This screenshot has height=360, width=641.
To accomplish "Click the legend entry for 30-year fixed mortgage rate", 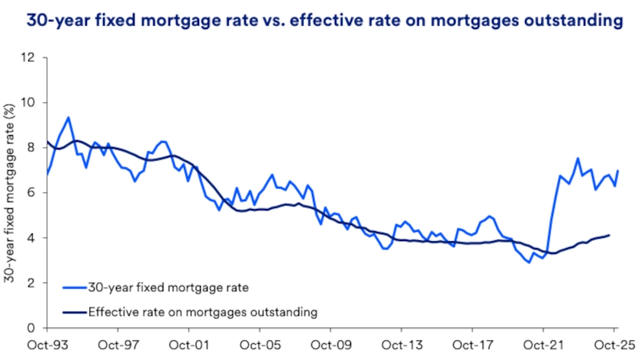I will [x=168, y=288].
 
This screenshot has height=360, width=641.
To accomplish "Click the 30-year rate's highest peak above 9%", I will [x=69, y=117].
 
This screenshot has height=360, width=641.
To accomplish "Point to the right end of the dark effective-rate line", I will [x=609, y=236].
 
